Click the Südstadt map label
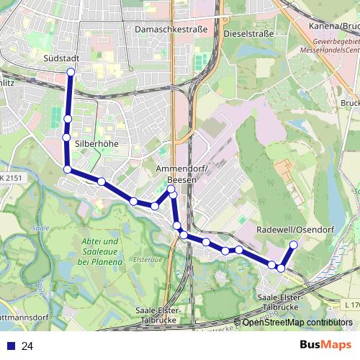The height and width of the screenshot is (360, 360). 60,57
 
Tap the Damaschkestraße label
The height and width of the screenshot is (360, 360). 171,29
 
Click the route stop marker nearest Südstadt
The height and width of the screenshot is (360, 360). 71,72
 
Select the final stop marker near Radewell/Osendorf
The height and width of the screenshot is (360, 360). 293,246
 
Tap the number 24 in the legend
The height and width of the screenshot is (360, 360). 27,346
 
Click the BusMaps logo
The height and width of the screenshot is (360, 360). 325,346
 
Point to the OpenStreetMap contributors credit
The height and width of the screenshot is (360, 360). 297,322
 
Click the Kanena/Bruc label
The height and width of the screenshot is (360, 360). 336,27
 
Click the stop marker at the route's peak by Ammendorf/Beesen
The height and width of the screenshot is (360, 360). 171,189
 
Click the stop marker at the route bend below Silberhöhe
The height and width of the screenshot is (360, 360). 68,169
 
